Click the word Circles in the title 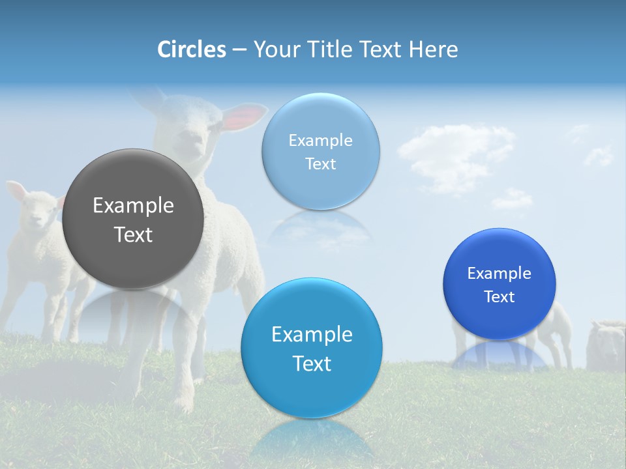point(192,50)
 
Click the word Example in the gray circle point(133,206)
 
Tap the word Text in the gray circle point(133,234)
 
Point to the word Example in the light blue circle point(320,140)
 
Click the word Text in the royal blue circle point(499,297)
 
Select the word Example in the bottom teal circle point(312,334)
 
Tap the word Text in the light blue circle point(320,163)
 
